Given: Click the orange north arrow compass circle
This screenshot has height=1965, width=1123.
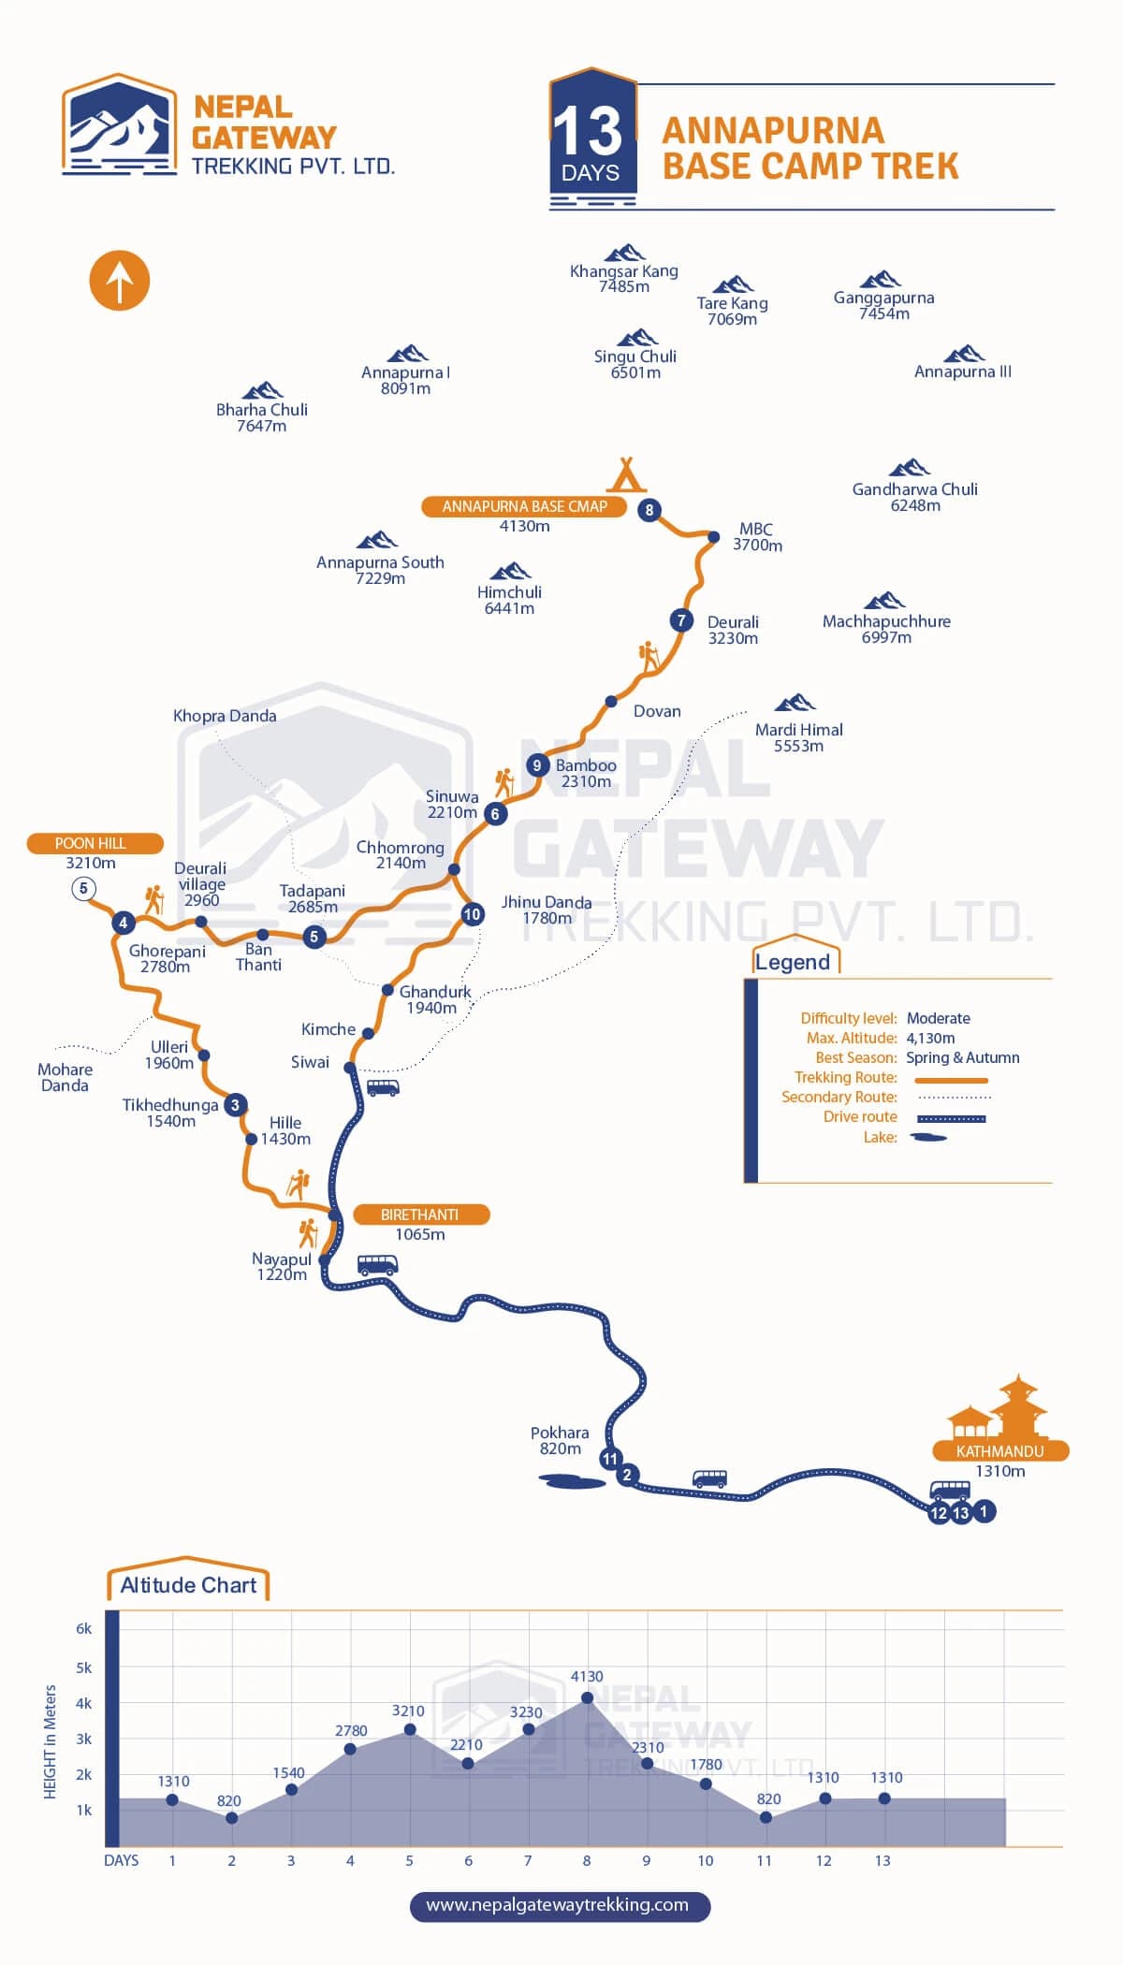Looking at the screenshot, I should (x=119, y=281).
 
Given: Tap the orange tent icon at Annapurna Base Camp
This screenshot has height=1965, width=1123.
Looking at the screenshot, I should (x=626, y=474).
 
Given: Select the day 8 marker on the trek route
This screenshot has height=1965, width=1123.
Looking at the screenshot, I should (x=649, y=510).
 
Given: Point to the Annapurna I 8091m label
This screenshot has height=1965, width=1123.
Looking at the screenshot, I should (x=405, y=380).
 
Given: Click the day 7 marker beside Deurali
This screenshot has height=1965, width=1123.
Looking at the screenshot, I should (x=681, y=620).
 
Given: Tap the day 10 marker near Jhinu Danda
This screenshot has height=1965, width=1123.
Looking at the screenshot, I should (x=472, y=914).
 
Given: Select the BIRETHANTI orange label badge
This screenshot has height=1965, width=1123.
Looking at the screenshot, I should (x=420, y=1215).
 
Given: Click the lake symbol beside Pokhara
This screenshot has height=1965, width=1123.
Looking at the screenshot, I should (x=572, y=1481).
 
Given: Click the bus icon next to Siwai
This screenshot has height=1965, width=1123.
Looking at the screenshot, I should (x=383, y=1087).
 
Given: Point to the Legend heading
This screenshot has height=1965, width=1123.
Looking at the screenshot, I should (x=793, y=963).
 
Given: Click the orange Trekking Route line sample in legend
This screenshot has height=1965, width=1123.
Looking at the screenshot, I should (x=952, y=1080).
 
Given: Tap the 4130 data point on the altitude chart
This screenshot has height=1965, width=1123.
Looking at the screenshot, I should (x=588, y=1697).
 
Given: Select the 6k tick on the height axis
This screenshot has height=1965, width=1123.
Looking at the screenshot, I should (x=84, y=1629).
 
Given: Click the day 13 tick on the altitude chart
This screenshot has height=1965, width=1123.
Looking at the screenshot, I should (x=882, y=1860).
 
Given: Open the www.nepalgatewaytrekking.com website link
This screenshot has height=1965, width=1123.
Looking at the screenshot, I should (x=558, y=1905).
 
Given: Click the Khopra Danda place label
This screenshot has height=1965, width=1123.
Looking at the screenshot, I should (x=225, y=716).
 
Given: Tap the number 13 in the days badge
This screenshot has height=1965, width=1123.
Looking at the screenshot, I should (x=588, y=131).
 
